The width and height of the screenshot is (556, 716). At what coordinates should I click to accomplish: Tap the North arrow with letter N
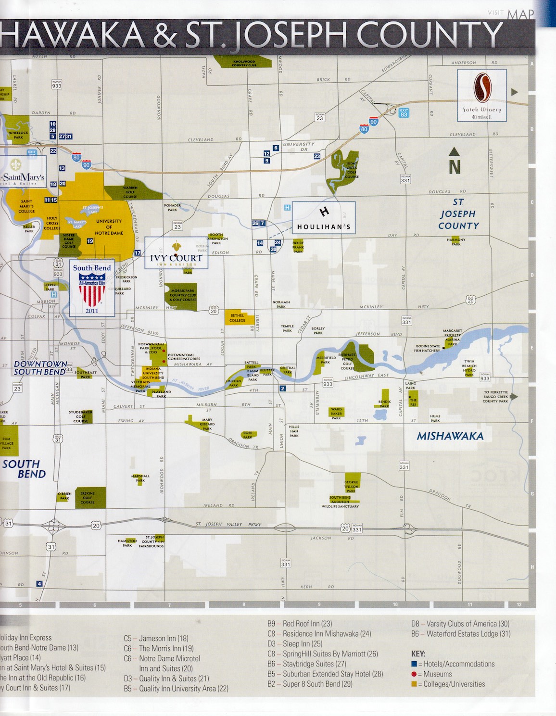(x=455, y=162)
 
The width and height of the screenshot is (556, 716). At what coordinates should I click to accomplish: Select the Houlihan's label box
(x=324, y=218)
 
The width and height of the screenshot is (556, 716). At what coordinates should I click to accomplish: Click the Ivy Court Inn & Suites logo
(x=176, y=252)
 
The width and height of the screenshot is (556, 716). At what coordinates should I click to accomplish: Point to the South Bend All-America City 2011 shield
(x=92, y=288)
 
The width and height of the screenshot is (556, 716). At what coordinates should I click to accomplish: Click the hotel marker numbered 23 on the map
(x=317, y=156)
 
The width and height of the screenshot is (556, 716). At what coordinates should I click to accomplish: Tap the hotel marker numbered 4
(x=39, y=584)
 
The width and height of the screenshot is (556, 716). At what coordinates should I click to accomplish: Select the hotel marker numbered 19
(x=90, y=241)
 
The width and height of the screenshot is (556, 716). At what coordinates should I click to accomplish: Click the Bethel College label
(x=237, y=318)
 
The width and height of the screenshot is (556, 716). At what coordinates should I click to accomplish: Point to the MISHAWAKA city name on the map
(x=450, y=436)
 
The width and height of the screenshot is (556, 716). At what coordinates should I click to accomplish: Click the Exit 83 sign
(x=404, y=113)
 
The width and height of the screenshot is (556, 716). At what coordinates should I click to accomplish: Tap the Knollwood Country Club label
(x=244, y=63)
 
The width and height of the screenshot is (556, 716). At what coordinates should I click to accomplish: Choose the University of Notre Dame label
(x=109, y=227)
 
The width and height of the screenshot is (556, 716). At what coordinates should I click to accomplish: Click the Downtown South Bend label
(x=40, y=368)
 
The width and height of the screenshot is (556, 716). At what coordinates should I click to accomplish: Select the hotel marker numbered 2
(x=283, y=389)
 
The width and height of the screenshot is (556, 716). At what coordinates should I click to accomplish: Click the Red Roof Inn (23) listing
(x=300, y=624)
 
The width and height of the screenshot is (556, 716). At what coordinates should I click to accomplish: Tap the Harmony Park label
(x=456, y=241)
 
